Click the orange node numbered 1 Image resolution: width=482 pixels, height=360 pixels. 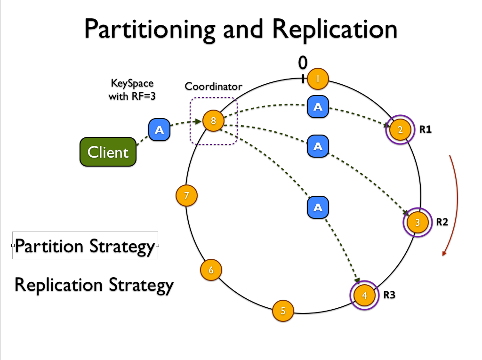[318, 79]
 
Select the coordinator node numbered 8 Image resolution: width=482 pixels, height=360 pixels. [213, 121]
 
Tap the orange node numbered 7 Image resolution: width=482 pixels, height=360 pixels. [186, 195]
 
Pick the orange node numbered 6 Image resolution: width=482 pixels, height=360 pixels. [211, 270]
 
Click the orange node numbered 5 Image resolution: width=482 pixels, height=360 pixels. [283, 311]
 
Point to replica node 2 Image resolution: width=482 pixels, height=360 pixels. [400, 129]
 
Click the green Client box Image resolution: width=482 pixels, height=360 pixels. [108, 152]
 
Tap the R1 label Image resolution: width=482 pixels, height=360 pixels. [426, 129]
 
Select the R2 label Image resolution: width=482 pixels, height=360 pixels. [442, 222]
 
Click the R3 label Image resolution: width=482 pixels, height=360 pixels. [389, 295]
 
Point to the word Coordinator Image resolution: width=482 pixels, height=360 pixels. [213, 86]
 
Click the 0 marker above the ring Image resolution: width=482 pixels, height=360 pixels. [303, 62]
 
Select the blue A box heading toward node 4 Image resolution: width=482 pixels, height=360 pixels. [318, 208]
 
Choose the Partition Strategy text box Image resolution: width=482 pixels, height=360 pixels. [85, 246]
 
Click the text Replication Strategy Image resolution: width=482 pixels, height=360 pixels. [94, 285]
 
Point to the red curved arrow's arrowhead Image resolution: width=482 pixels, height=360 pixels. [443, 254]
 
